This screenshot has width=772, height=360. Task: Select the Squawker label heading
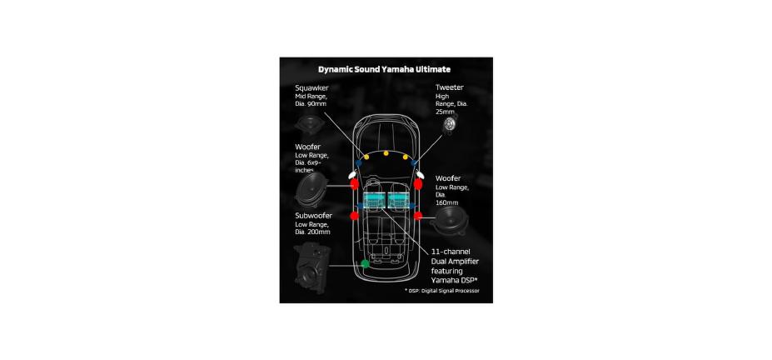coord(311,87)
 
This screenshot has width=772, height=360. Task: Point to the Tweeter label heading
coord(450,87)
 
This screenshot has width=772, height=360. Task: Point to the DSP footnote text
coord(443,291)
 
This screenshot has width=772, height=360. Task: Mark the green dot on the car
coord(364,263)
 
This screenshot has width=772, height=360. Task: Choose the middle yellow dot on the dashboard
coord(386,154)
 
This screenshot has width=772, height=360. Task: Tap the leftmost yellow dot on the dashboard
coord(366,157)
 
